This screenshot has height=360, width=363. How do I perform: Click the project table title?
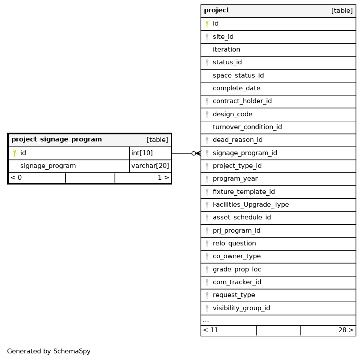pyautogui.click(x=217, y=11)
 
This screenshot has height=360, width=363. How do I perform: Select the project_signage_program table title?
pyautogui.click(x=56, y=140)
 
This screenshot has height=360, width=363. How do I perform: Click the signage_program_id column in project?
pyautogui.click(x=244, y=153)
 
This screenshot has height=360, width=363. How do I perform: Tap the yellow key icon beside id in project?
pyautogui.click(x=207, y=24)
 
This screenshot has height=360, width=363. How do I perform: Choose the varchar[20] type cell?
pyautogui.click(x=150, y=166)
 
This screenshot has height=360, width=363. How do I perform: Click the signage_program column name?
pyautogui.click(x=48, y=166)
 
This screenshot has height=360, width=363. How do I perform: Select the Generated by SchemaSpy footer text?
pyautogui.click(x=49, y=352)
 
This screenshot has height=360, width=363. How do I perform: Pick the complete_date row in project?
pyautogui.click(x=236, y=89)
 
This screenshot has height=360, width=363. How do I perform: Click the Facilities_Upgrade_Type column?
pyautogui.click(x=251, y=205)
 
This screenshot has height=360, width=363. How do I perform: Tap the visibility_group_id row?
pyautogui.click(x=241, y=308)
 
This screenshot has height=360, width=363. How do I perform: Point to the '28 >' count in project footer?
pyautogui.click(x=346, y=330)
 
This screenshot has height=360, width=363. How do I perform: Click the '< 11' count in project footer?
pyautogui.click(x=211, y=330)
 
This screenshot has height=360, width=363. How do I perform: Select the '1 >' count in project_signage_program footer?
pyautogui.click(x=163, y=178)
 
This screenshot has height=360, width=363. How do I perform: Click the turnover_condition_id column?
pyautogui.click(x=247, y=127)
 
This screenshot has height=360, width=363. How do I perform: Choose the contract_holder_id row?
pyautogui.click(x=242, y=101)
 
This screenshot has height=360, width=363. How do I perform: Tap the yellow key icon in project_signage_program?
pyautogui.click(x=14, y=153)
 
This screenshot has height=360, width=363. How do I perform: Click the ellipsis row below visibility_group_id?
pyautogui.click(x=206, y=320)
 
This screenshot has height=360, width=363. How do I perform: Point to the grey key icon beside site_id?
pyautogui.click(x=207, y=37)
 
